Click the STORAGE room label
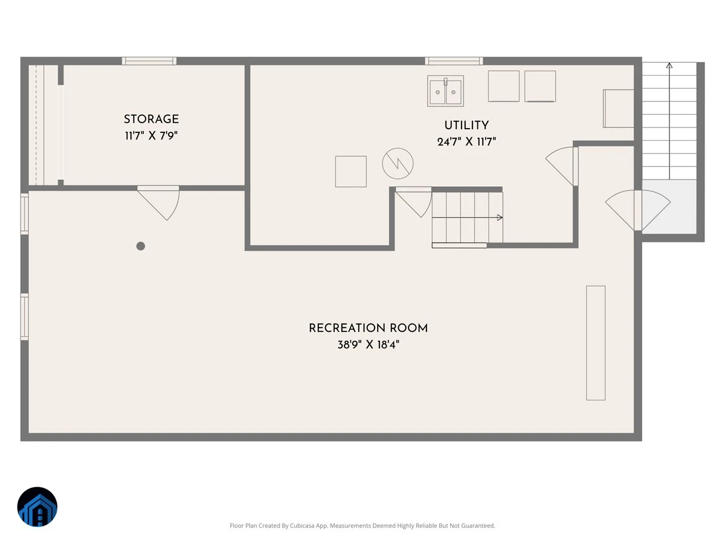pos(151,119)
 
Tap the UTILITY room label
pos(466,126)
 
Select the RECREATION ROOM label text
pos(369,328)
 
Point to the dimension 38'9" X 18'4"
pos(369,345)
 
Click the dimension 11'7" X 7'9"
pos(151,136)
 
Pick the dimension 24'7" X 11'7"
pos(466,142)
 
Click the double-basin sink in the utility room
pos(445,91)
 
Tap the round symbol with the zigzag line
pos(398,163)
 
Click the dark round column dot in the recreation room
pos(141,246)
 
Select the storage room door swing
pos(158,203)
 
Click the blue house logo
pos(37,507)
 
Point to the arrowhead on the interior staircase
pos(500,218)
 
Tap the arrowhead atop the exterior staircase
pos(669,65)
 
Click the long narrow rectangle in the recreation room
pos(596,343)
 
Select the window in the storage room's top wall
pos(149,61)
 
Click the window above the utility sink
pos(454,61)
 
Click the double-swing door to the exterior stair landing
pos(638,210)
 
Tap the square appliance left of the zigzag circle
pos(351,172)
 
